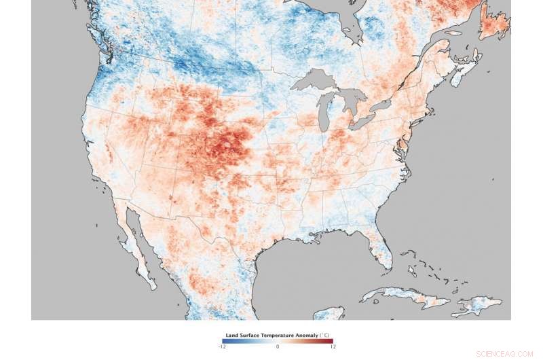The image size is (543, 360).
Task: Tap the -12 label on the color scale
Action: [x=222, y=346]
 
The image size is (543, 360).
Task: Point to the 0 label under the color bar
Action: [x=278, y=346]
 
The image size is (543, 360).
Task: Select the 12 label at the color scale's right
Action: [x=333, y=346]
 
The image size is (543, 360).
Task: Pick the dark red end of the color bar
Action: [x=331, y=341]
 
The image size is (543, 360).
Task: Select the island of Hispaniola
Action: [x=479, y=305]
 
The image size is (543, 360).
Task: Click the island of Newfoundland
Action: [x=494, y=24]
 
